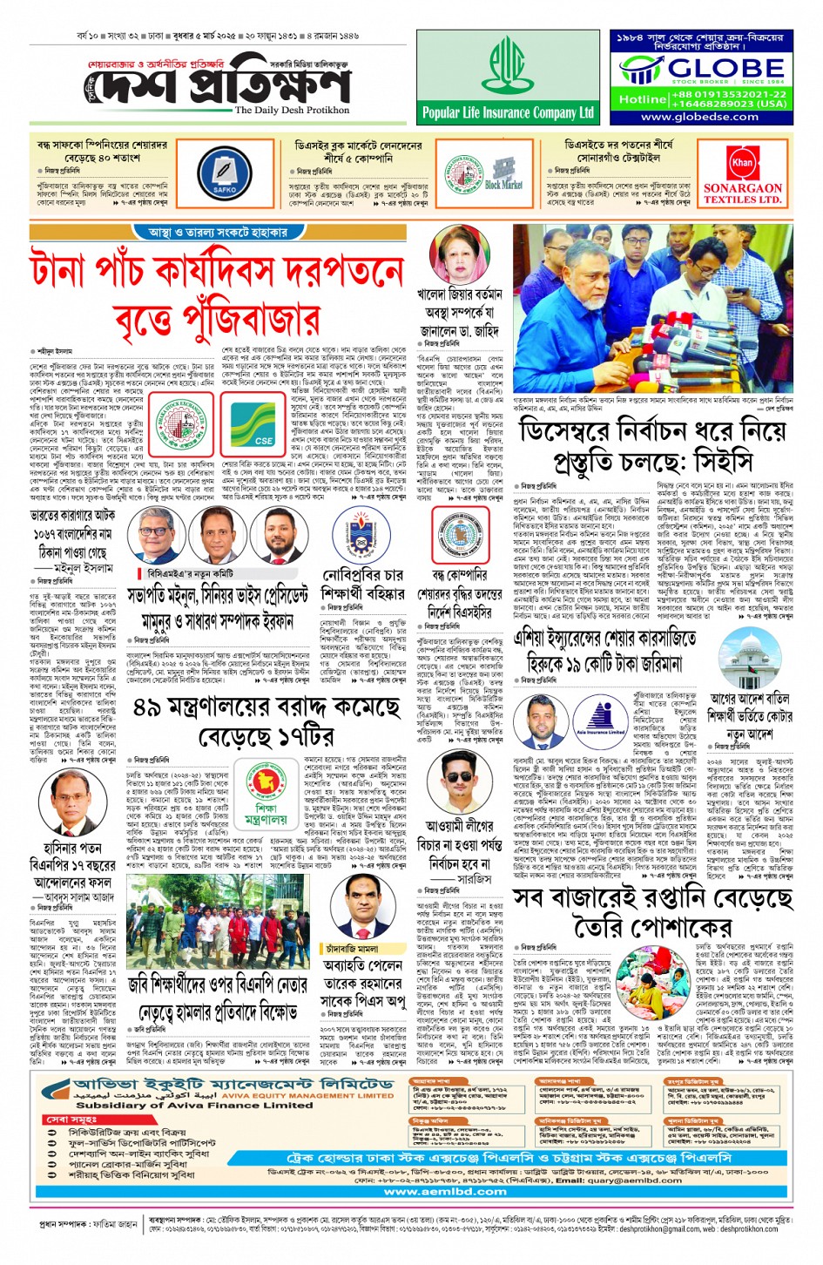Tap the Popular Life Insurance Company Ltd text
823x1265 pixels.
coord(508,112)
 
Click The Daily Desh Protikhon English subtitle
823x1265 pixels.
coord(292,111)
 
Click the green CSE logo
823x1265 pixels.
coord(265,431)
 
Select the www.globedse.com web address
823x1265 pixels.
coord(700,116)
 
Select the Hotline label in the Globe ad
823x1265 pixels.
coord(642,99)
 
